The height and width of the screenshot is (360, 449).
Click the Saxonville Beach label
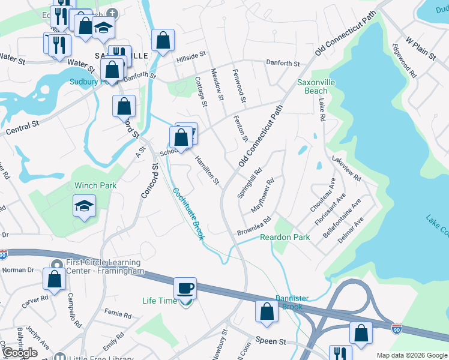click(x=316, y=86)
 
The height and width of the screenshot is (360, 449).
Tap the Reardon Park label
click(x=285, y=238)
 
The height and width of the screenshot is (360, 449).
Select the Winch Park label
click(x=95, y=186)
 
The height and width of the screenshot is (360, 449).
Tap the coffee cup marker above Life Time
click(x=185, y=289)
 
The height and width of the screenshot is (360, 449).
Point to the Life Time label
click(x=160, y=301)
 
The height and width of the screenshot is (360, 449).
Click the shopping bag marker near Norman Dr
click(x=54, y=280)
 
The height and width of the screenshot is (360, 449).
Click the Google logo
click(x=19, y=353)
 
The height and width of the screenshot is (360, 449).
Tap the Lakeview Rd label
click(x=346, y=169)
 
